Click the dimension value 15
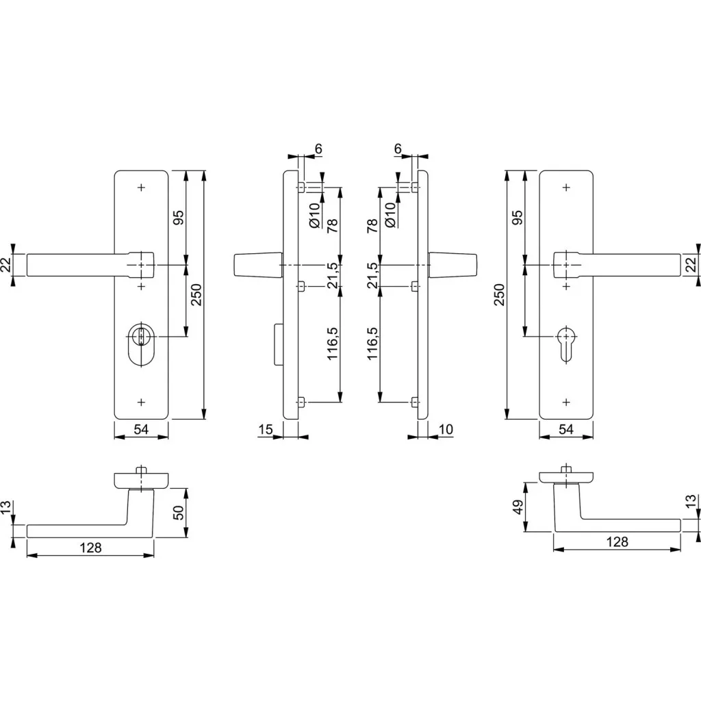(x=265, y=429)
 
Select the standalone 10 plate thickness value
(x=446, y=429)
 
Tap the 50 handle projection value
(x=179, y=512)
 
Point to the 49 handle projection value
(x=518, y=507)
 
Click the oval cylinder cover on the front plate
(x=141, y=345)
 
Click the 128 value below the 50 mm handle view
(x=91, y=548)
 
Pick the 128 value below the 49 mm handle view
(x=617, y=542)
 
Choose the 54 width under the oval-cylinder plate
(x=141, y=429)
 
